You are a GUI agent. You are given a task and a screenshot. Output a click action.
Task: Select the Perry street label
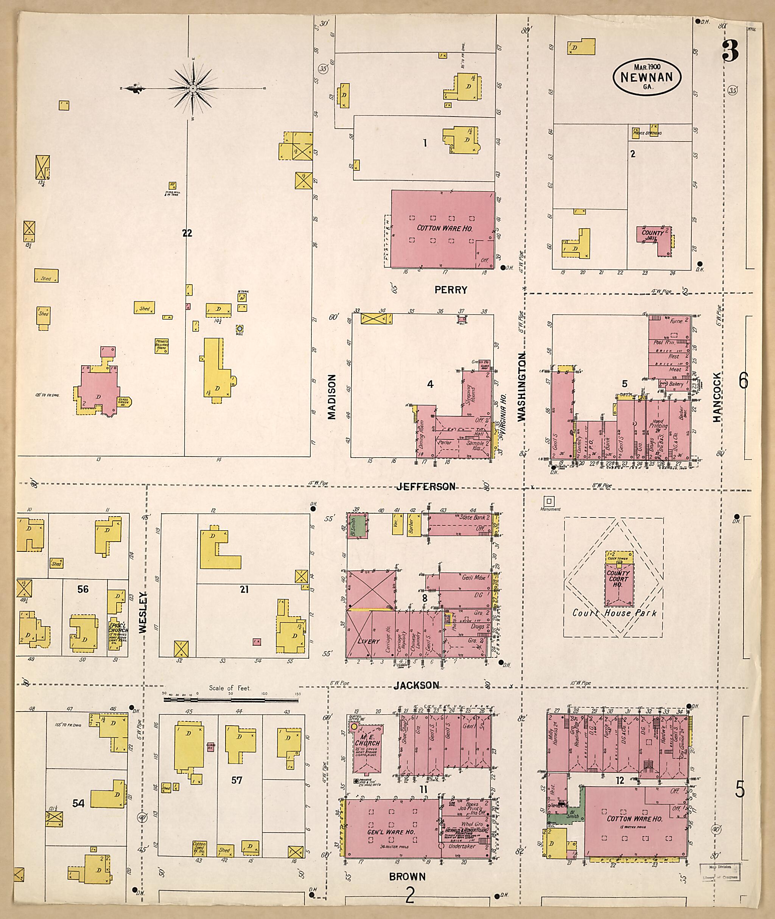[x=451, y=290]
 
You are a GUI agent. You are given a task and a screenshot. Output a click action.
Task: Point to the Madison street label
[x=332, y=396]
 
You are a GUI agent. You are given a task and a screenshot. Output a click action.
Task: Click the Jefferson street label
[x=426, y=486]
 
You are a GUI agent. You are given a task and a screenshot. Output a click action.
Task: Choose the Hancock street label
[x=717, y=397]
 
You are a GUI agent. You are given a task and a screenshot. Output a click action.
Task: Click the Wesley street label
[x=143, y=613]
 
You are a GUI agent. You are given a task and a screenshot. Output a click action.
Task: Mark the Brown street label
[x=407, y=877]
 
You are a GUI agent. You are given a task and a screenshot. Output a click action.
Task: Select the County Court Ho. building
[x=618, y=583]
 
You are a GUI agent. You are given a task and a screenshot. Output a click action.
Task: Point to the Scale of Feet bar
[x=231, y=699]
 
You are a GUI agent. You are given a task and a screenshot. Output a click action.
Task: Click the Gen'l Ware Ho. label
[x=385, y=832]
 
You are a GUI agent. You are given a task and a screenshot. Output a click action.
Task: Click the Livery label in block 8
[x=368, y=641]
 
